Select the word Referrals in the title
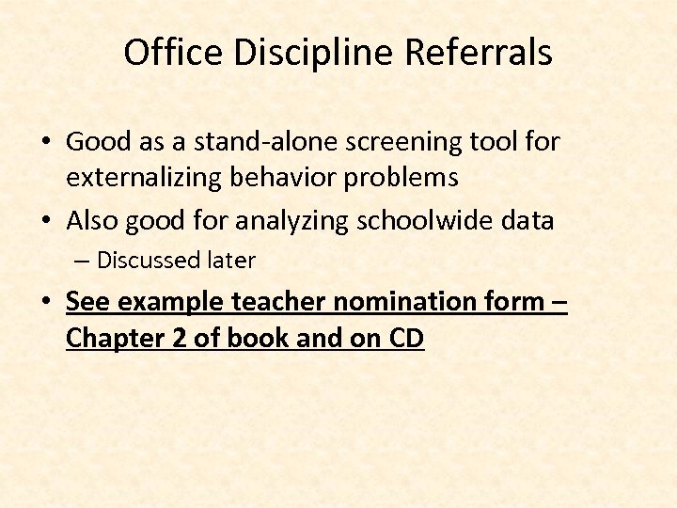[479, 53]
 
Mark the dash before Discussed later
[84, 261]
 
